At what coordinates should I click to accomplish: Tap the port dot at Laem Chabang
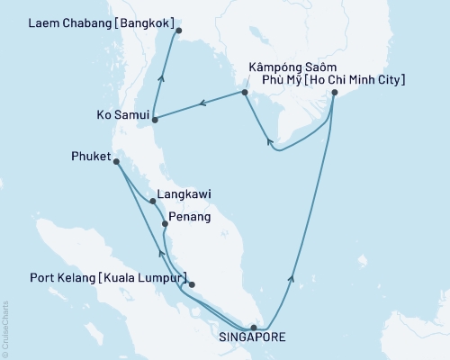coord(178,31)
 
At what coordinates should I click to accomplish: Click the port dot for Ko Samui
coord(155,119)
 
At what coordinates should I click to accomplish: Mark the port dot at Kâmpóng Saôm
coord(244,92)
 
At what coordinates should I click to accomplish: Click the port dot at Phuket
coord(116,162)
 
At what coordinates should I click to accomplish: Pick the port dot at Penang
coord(164,223)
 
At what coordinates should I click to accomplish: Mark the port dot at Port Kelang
coord(192,285)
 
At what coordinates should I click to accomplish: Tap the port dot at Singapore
coord(254,328)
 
